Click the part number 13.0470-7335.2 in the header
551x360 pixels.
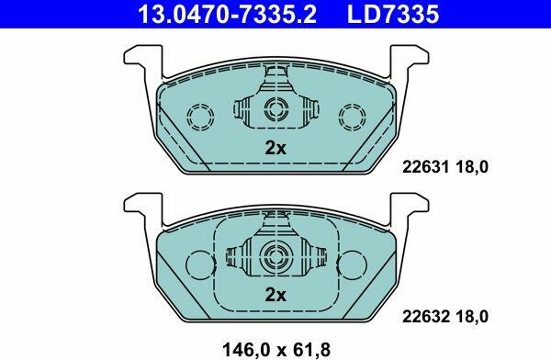point(227,14)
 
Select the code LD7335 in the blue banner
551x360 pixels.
point(393,14)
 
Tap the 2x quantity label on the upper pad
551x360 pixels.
point(275,148)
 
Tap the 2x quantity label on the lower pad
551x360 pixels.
point(275,296)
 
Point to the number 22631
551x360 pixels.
point(425,166)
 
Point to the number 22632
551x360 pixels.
point(425,317)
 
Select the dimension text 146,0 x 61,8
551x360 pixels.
point(276,350)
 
